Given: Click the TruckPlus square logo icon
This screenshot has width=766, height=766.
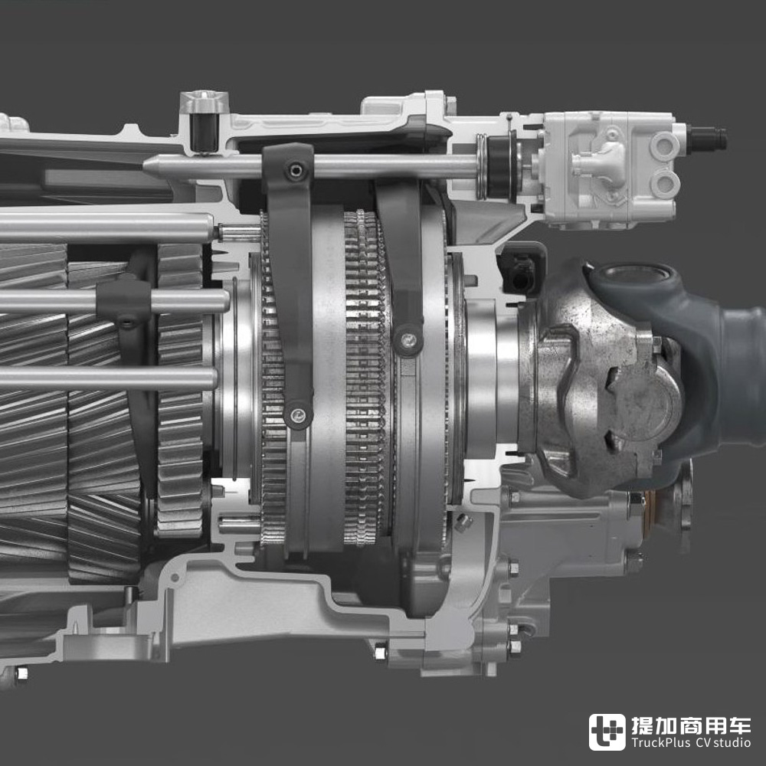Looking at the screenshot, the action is tap(607, 732).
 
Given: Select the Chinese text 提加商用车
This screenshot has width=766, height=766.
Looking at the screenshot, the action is tap(691, 725).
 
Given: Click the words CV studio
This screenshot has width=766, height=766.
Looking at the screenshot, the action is tap(723, 742).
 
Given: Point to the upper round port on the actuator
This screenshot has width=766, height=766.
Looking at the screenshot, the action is tap(664, 145).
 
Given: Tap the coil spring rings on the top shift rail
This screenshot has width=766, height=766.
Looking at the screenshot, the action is tap(482, 166).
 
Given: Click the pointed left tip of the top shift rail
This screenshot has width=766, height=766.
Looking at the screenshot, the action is tap(145, 166).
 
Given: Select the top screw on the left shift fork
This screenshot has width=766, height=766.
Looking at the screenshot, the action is tap(296, 171).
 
